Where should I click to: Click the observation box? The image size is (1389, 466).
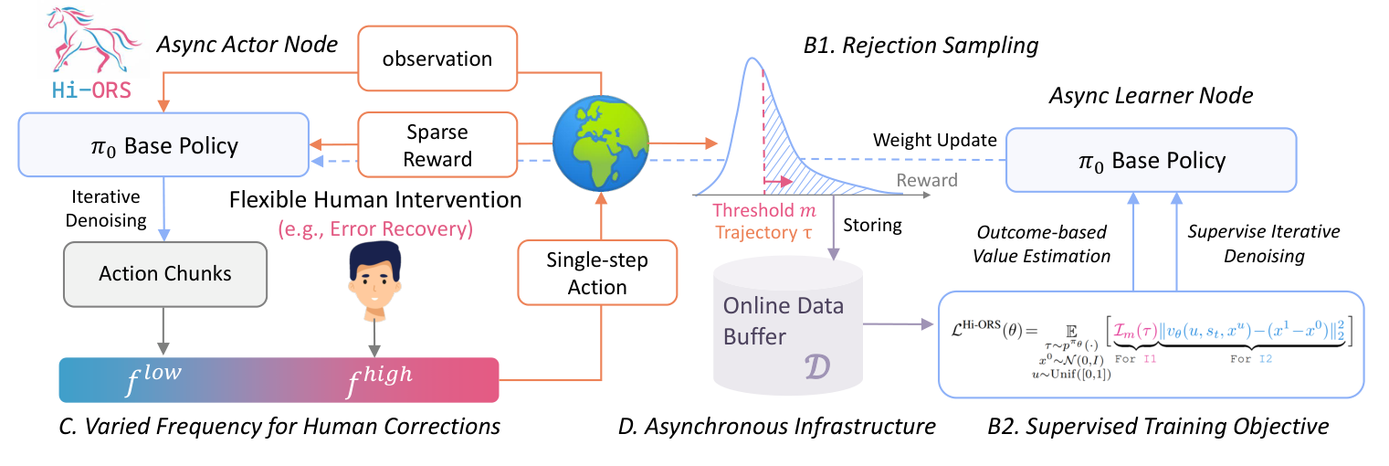pyautogui.click(x=437, y=58)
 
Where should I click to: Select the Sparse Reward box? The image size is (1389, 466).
pyautogui.click(x=437, y=145)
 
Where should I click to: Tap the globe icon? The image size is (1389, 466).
pyautogui.click(x=600, y=143)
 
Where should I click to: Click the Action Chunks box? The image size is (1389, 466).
pyautogui.click(x=165, y=273)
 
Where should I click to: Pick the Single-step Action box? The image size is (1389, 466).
pyautogui.click(x=597, y=273)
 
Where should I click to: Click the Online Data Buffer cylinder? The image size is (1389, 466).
pyautogui.click(x=787, y=325)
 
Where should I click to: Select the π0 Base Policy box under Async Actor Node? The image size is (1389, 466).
pyautogui.click(x=163, y=145)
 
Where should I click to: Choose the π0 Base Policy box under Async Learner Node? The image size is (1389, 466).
pyautogui.click(x=1151, y=160)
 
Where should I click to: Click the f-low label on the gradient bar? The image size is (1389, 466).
pyautogui.click(x=153, y=378)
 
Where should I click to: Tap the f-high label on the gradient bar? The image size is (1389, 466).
pyautogui.click(x=380, y=380)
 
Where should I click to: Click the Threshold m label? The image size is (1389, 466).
pyautogui.click(x=764, y=210)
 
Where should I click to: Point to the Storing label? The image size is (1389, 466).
pyautogui.click(x=872, y=226)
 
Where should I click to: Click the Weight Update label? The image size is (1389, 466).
pyautogui.click(x=934, y=140)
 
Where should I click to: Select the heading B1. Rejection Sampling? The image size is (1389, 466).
pyautogui.click(x=921, y=46)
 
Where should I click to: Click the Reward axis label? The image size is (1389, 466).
pyautogui.click(x=927, y=180)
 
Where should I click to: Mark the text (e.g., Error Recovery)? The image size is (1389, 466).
pyautogui.click(x=375, y=229)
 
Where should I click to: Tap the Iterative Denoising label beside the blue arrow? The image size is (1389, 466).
pyautogui.click(x=106, y=208)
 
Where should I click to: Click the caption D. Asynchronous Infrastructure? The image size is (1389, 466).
pyautogui.click(x=776, y=427)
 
